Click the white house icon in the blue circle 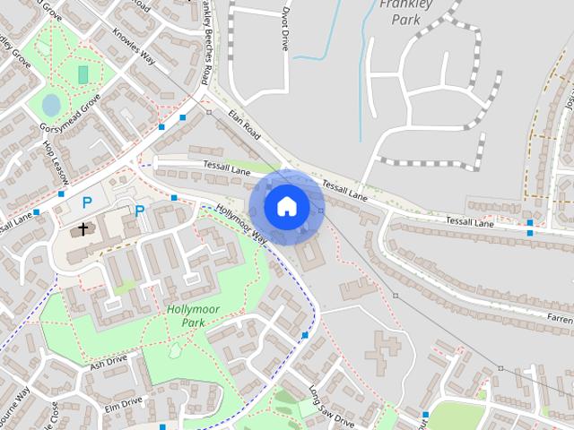pyautogui.click(x=286, y=206)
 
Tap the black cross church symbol pyautogui.click(x=83, y=229)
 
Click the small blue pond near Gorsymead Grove pyautogui.click(x=51, y=105)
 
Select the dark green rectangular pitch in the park pyautogui.click(x=83, y=74)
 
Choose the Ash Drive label pyautogui.click(x=109, y=360)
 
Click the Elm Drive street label pyautogui.click(x=124, y=405)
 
